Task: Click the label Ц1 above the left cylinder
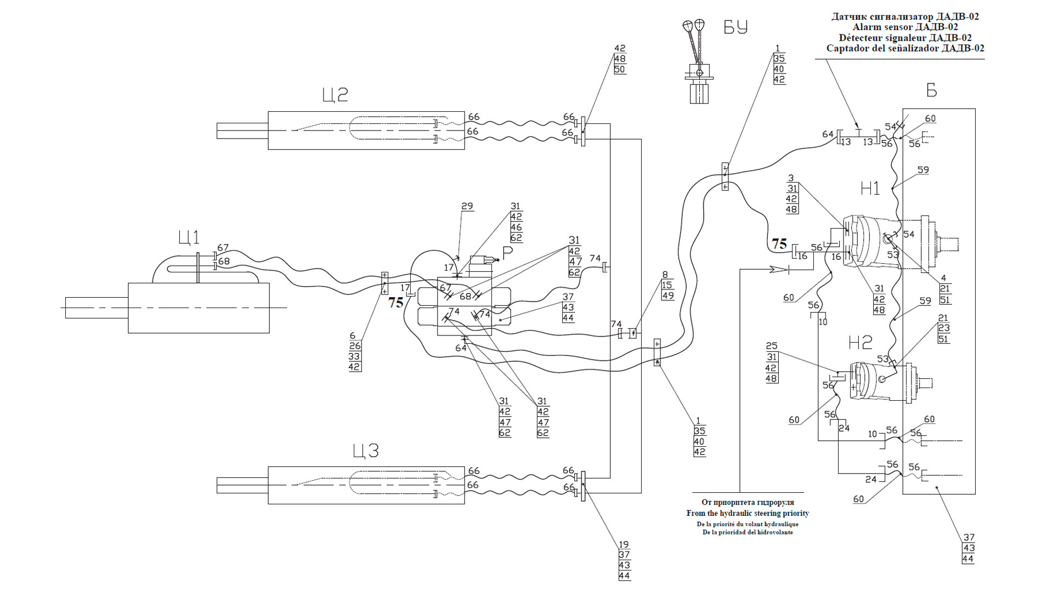(189, 237)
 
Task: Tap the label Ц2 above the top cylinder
(335, 95)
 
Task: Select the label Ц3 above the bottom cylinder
(366, 451)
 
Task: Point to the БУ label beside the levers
(735, 27)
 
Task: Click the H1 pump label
(870, 189)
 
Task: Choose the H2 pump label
(860, 343)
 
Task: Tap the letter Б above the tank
(932, 90)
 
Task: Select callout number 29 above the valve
(467, 207)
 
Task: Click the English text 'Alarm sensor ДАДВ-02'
(905, 27)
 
